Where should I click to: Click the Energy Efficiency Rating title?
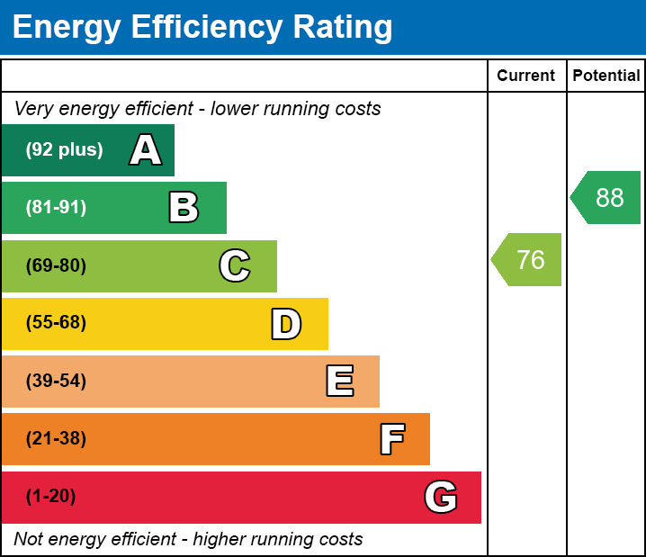pyautogui.click(x=202, y=28)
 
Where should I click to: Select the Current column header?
pyautogui.click(x=526, y=76)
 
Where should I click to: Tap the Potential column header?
pyautogui.click(x=606, y=76)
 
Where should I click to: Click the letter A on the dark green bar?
pyautogui.click(x=146, y=150)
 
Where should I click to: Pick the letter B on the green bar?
pyautogui.click(x=184, y=208)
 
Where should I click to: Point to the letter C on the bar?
pyautogui.click(x=235, y=265)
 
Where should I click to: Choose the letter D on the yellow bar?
pyautogui.click(x=286, y=324)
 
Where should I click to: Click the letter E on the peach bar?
pyautogui.click(x=339, y=382)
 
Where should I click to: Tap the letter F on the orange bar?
pyautogui.click(x=391, y=439)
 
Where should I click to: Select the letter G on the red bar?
pyautogui.click(x=441, y=497)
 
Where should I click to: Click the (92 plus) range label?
pyautogui.click(x=64, y=150)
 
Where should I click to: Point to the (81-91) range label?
pyautogui.click(x=56, y=208)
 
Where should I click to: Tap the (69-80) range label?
pyautogui.click(x=56, y=266)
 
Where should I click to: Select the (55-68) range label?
pyautogui.click(x=56, y=323)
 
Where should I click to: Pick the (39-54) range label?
pyautogui.click(x=56, y=382)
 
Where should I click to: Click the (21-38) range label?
pyautogui.click(x=56, y=439)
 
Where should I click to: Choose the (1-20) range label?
pyautogui.click(x=51, y=497)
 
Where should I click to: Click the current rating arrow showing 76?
pyautogui.click(x=528, y=260)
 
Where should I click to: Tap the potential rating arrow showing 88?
pyautogui.click(x=607, y=197)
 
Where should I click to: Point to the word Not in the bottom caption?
pyautogui.click(x=29, y=539)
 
